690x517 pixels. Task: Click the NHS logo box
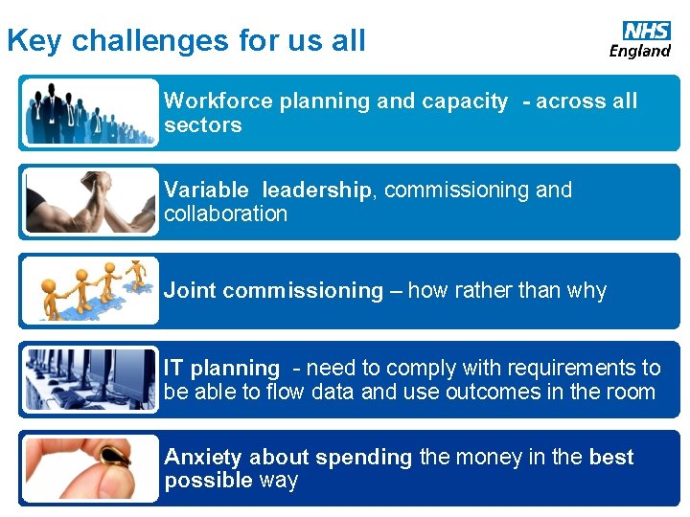click(647, 31)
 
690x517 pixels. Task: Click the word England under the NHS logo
click(640, 51)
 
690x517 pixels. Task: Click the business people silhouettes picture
click(90, 113)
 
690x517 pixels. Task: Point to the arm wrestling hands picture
click(90, 202)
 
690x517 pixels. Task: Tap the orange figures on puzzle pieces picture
click(90, 291)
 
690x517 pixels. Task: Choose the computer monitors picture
click(90, 379)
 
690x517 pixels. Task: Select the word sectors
click(202, 125)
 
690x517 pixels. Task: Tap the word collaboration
click(225, 214)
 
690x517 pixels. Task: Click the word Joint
click(190, 291)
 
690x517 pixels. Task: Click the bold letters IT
click(173, 368)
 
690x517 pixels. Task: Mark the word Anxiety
click(201, 458)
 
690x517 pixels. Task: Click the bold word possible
click(208, 481)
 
